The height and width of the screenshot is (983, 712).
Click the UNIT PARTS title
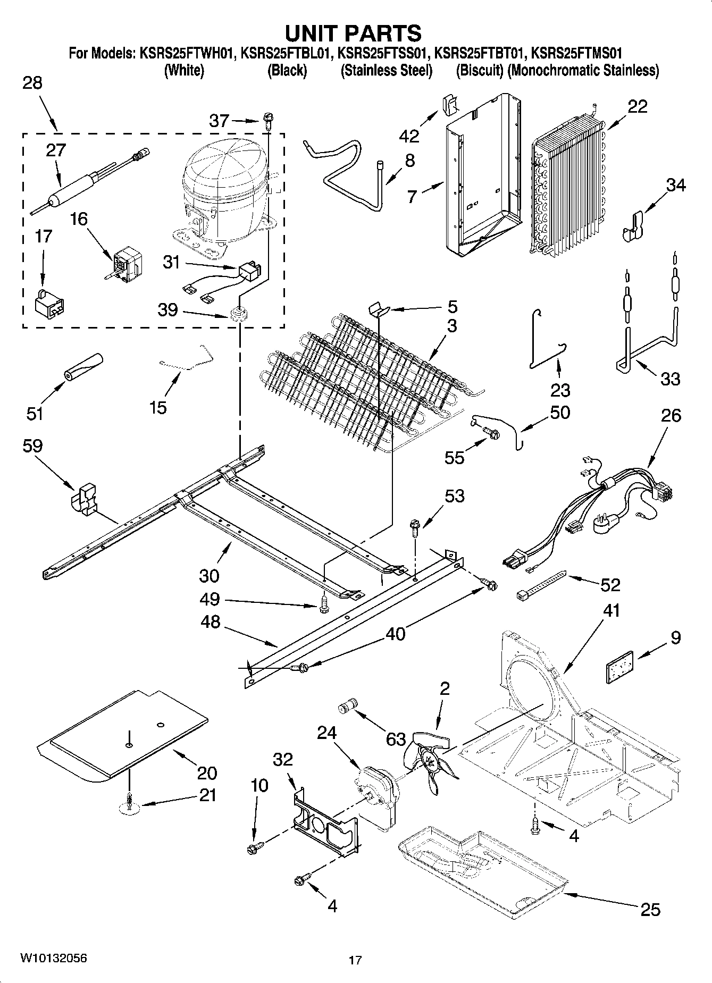click(353, 33)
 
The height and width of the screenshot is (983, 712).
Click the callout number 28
click(32, 83)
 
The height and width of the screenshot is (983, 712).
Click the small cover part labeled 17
click(49, 304)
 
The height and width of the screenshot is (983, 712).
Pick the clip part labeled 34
click(633, 226)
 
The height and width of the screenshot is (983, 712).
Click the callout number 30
click(210, 576)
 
